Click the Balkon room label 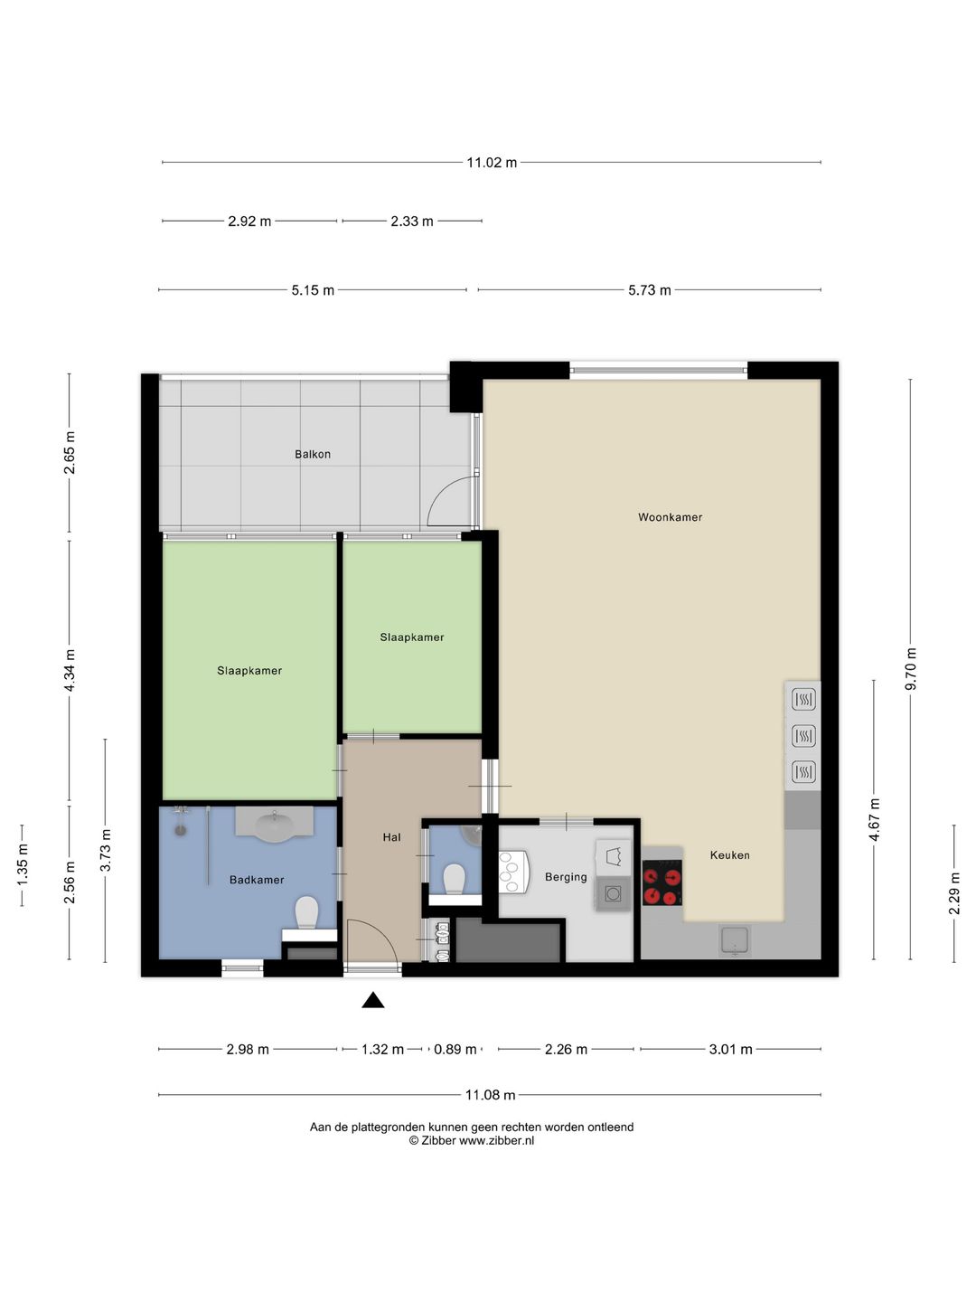pos(313,455)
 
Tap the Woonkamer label pos(670,517)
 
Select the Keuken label pos(729,855)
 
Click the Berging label pos(566,877)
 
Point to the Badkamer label pos(257,881)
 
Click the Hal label pos(391,837)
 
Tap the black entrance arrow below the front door pos(372,1001)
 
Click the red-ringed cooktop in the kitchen pos(662,883)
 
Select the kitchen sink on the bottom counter pos(734,941)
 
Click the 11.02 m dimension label pos(492,163)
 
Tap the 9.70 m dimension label pos(912,668)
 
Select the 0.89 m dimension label pos(455,1050)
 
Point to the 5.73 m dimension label pos(650,290)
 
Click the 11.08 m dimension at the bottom pos(490,1095)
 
